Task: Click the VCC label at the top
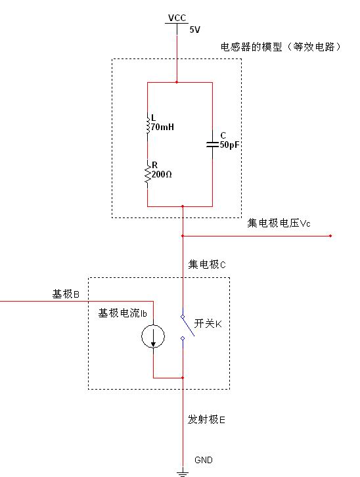click(177, 18)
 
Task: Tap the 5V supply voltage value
click(195, 30)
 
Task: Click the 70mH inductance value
click(163, 127)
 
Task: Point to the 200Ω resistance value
click(162, 174)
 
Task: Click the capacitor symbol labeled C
click(212, 145)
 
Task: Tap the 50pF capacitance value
click(229, 145)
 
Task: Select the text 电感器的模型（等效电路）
click(281, 47)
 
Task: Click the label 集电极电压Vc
click(279, 223)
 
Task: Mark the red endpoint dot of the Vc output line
click(330, 236)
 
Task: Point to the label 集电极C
click(207, 264)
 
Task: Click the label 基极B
click(66, 294)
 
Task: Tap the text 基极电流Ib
click(123, 313)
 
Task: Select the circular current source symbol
click(153, 336)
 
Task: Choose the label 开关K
click(208, 323)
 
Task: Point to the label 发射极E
click(206, 419)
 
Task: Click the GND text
click(204, 460)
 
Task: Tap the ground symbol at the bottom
click(183, 473)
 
